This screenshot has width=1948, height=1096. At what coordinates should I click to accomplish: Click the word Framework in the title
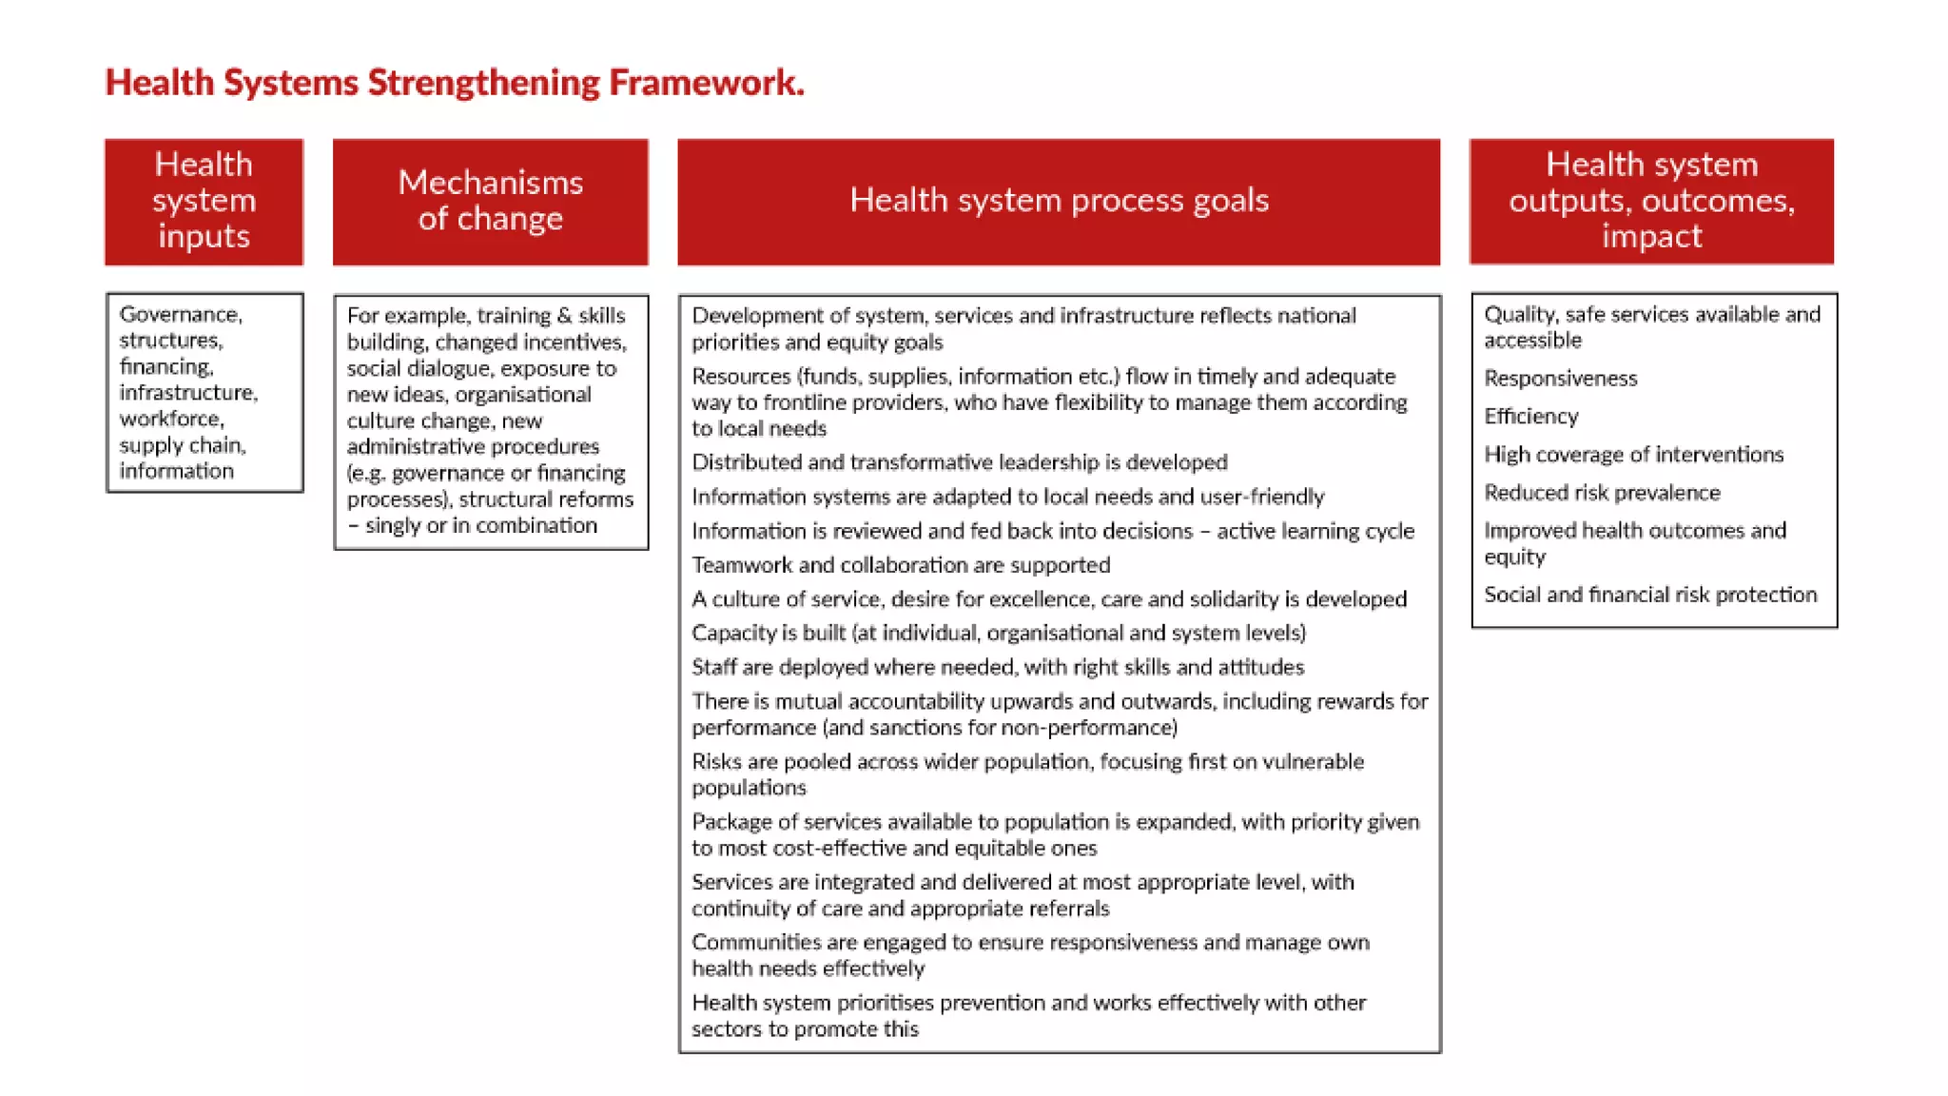706,83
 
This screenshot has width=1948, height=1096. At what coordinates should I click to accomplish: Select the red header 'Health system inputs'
204,201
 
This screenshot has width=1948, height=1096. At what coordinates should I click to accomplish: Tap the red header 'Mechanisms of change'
490,201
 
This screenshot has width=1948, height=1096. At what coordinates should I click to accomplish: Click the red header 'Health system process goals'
1059,201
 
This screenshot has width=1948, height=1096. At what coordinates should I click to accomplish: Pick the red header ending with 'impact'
1651,201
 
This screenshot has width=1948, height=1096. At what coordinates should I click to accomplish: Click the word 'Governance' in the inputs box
180,315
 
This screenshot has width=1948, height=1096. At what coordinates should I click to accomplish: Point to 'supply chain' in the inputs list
182,445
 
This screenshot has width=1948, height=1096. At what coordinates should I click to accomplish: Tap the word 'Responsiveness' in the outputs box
1560,379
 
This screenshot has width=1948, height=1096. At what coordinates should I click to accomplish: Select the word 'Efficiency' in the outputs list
1530,417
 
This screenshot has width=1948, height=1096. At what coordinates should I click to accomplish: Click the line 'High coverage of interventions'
1633,455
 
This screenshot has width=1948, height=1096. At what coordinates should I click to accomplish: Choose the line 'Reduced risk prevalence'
1602,493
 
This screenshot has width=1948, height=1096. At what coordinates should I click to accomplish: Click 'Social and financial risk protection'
1650,595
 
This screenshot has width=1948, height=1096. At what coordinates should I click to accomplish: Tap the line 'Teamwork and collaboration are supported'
900,565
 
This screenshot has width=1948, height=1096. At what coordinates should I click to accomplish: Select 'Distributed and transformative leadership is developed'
959,462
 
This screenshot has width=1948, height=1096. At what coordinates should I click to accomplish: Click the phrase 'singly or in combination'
480,526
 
